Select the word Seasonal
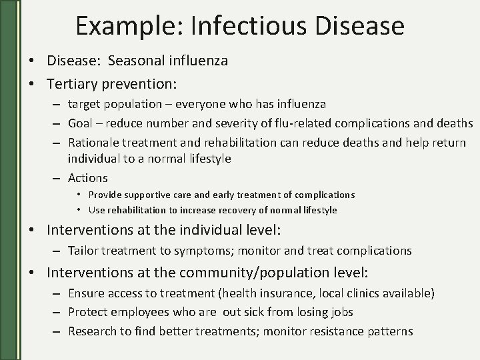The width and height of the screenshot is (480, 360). pos(134,61)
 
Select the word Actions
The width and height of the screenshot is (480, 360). pos(87,178)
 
